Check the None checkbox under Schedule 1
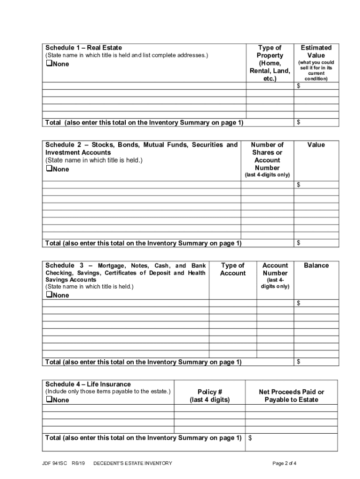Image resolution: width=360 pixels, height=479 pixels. [x=49, y=64]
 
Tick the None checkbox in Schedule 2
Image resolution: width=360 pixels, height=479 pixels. [x=49, y=169]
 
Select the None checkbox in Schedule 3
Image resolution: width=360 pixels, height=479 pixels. [x=49, y=295]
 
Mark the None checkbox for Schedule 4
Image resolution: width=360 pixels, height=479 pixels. [x=49, y=399]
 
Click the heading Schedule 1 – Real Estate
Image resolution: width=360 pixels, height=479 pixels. [x=84, y=48]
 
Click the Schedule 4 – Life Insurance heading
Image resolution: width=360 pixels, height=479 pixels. [x=88, y=384]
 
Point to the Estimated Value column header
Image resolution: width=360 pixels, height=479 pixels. [x=316, y=51]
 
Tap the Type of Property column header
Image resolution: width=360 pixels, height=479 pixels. [x=270, y=63]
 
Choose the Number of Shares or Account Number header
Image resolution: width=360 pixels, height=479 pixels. [x=267, y=156]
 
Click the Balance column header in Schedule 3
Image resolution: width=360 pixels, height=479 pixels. [x=316, y=265]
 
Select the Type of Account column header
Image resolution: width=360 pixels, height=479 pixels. [x=232, y=269]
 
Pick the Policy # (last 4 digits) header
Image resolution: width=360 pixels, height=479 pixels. [x=209, y=395]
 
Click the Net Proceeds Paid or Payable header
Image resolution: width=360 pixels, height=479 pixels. [x=291, y=395]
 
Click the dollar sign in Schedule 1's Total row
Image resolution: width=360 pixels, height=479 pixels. [x=299, y=122]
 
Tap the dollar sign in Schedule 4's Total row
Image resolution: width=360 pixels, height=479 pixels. [x=250, y=438]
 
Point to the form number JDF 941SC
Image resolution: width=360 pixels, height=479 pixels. [x=57, y=463]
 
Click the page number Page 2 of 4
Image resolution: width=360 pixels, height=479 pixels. [x=284, y=463]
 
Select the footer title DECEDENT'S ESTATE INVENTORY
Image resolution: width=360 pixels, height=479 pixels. [x=133, y=463]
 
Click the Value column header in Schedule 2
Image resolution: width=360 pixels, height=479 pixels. [x=316, y=145]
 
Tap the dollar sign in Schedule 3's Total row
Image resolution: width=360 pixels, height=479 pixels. [x=299, y=362]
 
